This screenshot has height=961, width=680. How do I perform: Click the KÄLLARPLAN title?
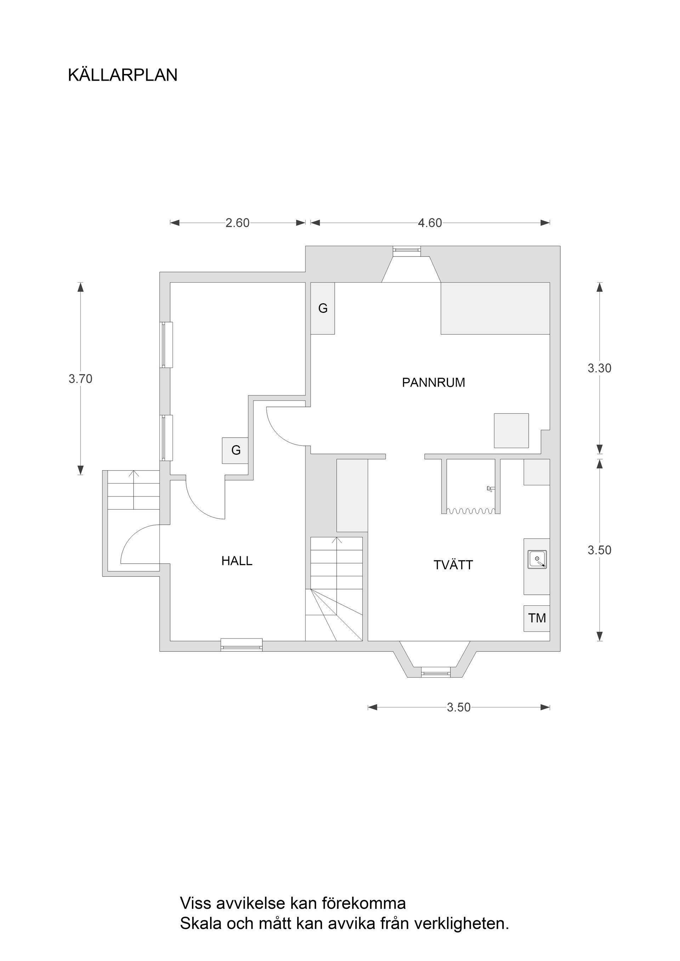pos(123,75)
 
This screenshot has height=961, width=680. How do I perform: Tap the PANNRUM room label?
pos(433,382)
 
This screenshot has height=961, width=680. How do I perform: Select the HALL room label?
pos(237,561)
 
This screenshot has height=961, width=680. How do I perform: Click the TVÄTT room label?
pos(453,565)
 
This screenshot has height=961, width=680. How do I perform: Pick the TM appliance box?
pos(536,618)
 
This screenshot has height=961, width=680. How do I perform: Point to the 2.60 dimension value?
pos(237,223)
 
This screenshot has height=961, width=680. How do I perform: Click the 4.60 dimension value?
pos(430,223)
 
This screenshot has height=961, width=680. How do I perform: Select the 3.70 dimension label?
pos(80,379)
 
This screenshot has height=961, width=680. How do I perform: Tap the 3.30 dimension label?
pos(599,368)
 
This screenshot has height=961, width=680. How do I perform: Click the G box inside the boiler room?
pos(323,309)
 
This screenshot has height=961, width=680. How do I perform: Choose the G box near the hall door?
pos(236,450)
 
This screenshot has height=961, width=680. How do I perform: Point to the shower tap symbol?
pos(490,488)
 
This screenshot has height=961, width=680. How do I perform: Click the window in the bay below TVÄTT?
pos(435,673)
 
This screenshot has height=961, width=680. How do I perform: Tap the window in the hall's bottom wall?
pos(241,645)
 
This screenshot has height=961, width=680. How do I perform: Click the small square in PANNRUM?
pos(511,430)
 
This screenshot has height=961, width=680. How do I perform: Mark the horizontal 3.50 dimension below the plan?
pos(458,707)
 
